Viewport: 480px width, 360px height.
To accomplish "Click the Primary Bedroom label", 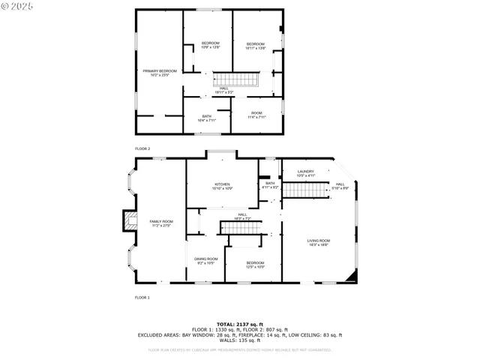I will click(x=160, y=73).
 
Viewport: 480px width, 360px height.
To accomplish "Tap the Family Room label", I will click(x=161, y=223).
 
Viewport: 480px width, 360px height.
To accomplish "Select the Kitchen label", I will click(x=222, y=185).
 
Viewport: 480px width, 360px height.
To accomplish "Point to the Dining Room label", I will click(x=206, y=260).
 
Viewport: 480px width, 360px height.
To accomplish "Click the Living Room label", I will click(x=319, y=242).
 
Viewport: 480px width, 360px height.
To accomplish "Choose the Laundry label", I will click(x=305, y=173).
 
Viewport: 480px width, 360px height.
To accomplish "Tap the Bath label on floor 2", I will click(x=206, y=118).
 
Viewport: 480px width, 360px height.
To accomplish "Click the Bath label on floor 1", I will click(x=270, y=184).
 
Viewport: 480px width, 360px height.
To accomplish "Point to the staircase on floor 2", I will click(x=235, y=80).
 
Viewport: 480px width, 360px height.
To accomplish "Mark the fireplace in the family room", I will click(x=132, y=220).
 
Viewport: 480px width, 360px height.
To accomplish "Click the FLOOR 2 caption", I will click(x=142, y=148).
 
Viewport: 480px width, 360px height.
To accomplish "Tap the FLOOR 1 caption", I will click(x=142, y=298).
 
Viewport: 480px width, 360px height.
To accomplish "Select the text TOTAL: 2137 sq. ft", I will click(x=239, y=324).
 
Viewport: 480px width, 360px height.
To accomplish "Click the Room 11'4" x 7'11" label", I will click(x=256, y=115).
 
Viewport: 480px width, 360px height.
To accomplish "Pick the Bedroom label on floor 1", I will click(x=256, y=265).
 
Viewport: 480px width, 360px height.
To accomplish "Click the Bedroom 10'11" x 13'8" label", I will click(x=256, y=45).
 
